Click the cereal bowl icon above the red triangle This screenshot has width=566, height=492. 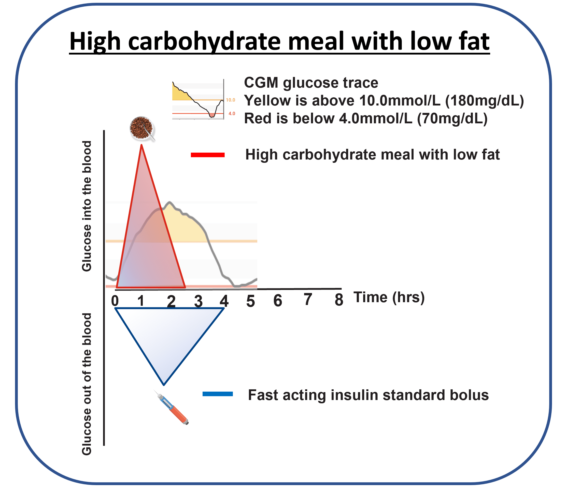[x=142, y=128]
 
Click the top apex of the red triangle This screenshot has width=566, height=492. [x=142, y=146]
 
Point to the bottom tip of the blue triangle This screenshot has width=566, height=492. [x=164, y=385]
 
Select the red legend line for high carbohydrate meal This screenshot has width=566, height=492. [x=208, y=155]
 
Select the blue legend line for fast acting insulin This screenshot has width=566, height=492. [x=218, y=394]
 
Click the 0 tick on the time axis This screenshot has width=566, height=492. [x=115, y=301]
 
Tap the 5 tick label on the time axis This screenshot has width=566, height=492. [x=250, y=301]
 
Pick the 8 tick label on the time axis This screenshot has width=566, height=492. [x=339, y=300]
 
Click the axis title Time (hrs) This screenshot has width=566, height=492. [x=389, y=298]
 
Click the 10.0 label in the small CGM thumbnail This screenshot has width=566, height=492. [x=231, y=100]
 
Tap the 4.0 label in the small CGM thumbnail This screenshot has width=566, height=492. [x=232, y=114]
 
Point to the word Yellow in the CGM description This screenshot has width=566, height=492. [x=268, y=101]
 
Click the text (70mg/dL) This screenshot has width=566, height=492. [x=452, y=119]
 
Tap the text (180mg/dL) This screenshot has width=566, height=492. [x=485, y=101]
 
